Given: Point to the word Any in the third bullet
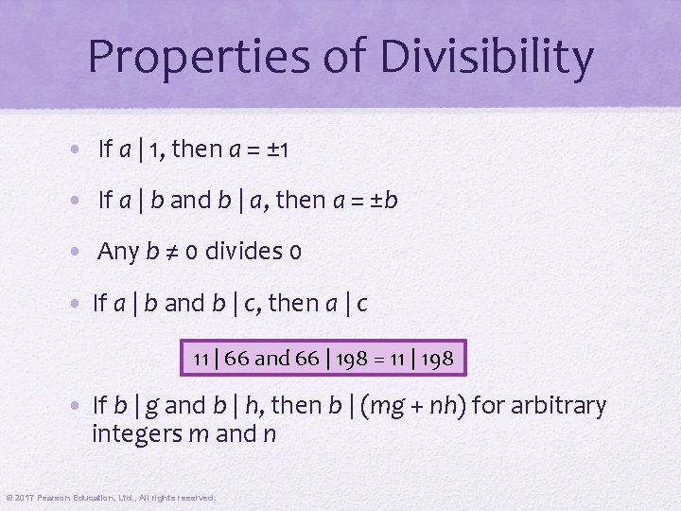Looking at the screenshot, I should (118, 251).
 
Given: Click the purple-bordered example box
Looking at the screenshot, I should (323, 359).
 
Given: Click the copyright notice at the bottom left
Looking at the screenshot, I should (111, 497).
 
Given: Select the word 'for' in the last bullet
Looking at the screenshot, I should (489, 406).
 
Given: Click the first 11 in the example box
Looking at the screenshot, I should (201, 359).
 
